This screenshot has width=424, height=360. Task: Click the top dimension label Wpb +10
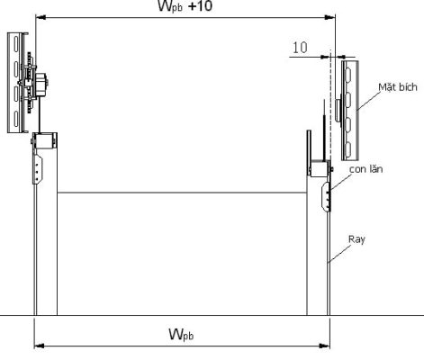pos(185,6)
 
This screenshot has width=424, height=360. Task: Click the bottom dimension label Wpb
pos(181,335)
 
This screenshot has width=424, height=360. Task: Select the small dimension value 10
pos(300,48)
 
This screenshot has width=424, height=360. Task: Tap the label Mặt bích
pos(398,87)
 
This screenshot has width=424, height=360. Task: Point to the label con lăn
pos(366,169)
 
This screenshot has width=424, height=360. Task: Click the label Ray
pos(356,239)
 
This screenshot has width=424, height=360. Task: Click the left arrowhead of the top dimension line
pos(41,18)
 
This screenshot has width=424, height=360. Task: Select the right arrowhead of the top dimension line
pos(330,18)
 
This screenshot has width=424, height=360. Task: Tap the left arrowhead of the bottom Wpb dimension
pos(39,346)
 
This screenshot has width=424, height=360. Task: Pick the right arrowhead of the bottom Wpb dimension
pos(325,346)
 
